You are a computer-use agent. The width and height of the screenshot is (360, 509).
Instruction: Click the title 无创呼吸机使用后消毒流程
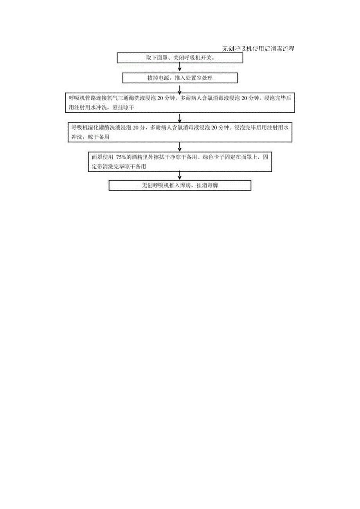258,49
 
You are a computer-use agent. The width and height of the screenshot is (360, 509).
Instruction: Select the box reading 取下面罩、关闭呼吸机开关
180,58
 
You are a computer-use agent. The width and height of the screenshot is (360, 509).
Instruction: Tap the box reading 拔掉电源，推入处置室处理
180,78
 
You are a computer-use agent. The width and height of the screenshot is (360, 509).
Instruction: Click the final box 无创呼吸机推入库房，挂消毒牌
180,185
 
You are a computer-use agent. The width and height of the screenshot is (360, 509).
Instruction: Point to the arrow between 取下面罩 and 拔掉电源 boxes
180,67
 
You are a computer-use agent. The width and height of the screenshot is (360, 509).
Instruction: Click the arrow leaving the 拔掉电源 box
180,90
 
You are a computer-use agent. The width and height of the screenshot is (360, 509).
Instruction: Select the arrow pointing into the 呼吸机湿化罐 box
180,118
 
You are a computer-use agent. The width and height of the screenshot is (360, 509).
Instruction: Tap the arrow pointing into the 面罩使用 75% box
180,147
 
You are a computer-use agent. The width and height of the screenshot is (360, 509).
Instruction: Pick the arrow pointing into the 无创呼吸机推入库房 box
180,175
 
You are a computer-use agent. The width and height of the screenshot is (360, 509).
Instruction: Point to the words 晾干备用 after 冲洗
99,137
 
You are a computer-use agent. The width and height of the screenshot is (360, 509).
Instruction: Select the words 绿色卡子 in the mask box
214,157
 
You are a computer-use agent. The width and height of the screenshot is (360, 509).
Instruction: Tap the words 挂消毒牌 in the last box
207,185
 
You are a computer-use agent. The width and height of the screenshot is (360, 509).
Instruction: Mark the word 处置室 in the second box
194,78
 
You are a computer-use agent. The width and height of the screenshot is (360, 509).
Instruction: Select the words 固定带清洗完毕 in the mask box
111,166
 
